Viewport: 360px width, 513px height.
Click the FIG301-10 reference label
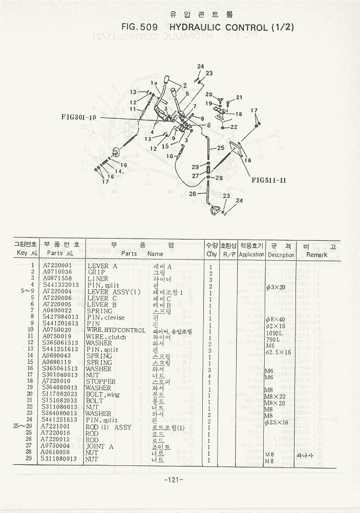(x=78, y=117)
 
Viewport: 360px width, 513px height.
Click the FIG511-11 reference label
(x=269, y=180)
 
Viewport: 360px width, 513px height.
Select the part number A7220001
(x=57, y=266)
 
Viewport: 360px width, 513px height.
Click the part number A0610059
(x=57, y=453)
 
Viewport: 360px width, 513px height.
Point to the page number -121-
(x=175, y=480)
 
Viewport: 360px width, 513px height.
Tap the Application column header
(x=251, y=254)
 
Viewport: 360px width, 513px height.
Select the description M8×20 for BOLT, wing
(x=275, y=396)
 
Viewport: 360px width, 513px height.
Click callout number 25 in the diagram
(x=220, y=148)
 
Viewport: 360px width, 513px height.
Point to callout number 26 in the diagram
(x=193, y=194)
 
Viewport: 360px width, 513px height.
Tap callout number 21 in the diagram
(x=239, y=97)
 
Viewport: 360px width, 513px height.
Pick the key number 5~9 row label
(x=24, y=292)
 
